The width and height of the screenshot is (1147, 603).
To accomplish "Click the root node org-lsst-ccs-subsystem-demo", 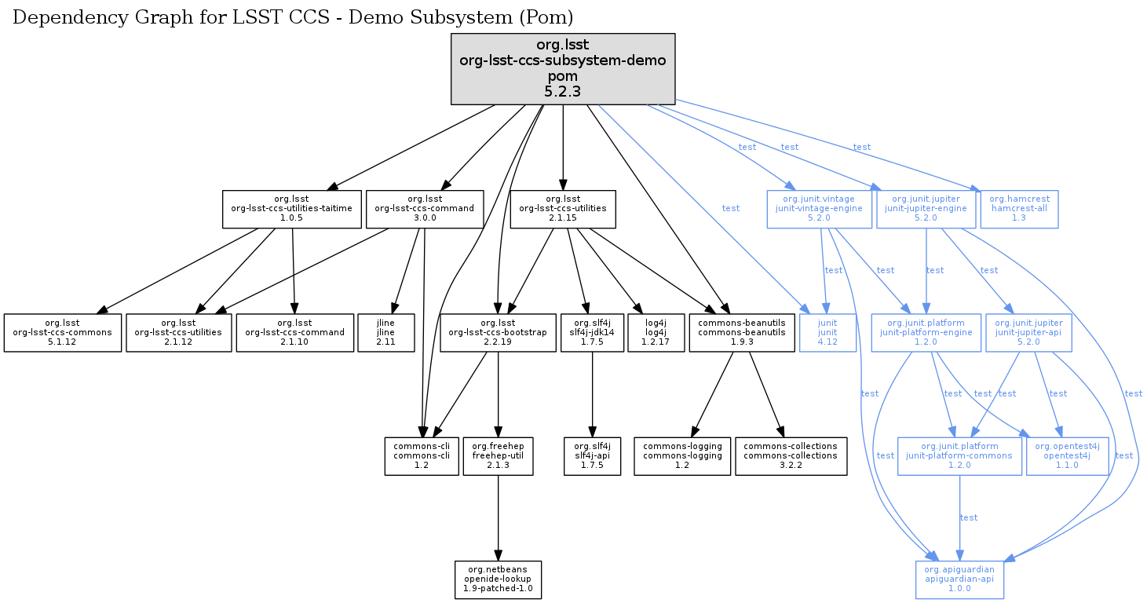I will [x=563, y=69].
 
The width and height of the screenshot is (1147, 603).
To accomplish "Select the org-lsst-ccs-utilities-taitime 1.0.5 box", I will [x=292, y=208].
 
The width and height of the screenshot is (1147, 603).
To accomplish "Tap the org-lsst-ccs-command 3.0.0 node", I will [x=424, y=208].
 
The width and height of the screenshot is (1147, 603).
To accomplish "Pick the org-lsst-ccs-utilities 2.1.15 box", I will [x=563, y=208].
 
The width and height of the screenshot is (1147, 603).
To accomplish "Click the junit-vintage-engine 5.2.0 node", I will [x=820, y=208].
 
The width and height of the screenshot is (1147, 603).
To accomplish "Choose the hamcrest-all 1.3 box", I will [x=1019, y=208].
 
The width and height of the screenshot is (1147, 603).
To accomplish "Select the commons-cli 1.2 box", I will [x=422, y=456].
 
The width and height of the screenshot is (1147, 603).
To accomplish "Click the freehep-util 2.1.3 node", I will [x=499, y=456].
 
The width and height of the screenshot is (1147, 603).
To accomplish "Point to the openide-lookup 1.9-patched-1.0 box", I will [x=498, y=580].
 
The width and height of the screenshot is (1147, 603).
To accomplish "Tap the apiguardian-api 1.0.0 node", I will [x=959, y=580].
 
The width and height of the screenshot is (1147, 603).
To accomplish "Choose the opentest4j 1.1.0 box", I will [x=1067, y=456].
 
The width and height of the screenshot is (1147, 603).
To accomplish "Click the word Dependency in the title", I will [x=59, y=16].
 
